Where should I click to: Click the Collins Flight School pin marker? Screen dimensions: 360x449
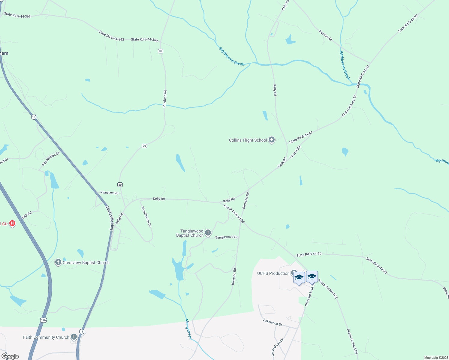272,140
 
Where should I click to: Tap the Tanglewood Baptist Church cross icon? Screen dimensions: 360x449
208,233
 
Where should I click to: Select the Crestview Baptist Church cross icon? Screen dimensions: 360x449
58,262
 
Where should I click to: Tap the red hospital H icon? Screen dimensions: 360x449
12,223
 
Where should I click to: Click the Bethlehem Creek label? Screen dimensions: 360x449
345,65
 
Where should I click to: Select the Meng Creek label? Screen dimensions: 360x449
188,329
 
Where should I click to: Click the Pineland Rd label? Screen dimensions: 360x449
164,99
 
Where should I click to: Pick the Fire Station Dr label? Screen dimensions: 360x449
51,159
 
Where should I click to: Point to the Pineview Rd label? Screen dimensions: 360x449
109,193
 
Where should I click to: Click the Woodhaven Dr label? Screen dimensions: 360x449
146,216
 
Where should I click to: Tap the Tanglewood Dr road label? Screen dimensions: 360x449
226,237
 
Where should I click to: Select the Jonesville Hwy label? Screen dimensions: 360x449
109,218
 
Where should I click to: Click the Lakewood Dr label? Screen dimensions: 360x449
273,322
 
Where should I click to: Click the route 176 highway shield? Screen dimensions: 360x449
44,320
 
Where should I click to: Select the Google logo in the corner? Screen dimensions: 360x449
10,356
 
